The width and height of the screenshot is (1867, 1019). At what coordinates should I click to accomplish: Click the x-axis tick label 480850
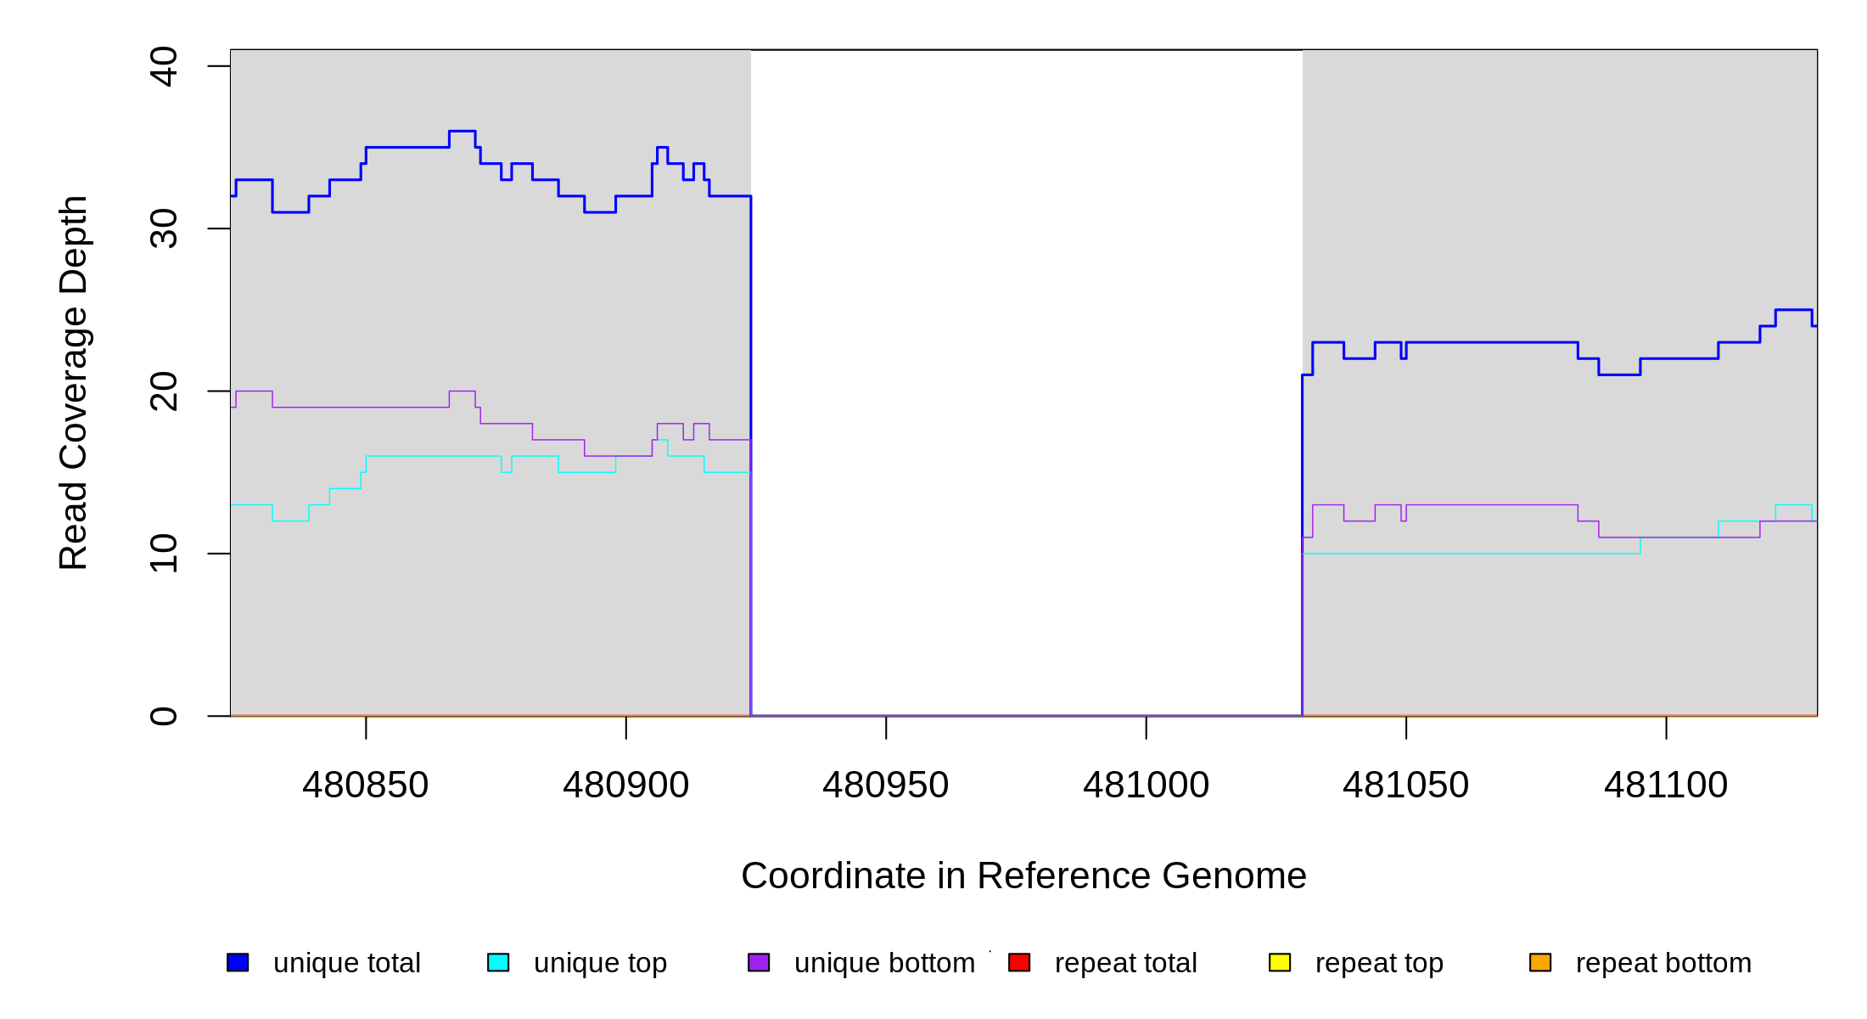pyautogui.click(x=366, y=785)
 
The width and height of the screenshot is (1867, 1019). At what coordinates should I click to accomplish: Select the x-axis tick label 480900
pyautogui.click(x=625, y=785)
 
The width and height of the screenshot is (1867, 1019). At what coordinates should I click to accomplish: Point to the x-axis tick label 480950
pyautogui.click(x=885, y=785)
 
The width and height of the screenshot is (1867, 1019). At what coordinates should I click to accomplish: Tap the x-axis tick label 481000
pyautogui.click(x=1146, y=785)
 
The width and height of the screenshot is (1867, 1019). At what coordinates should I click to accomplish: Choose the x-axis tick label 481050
pyautogui.click(x=1405, y=785)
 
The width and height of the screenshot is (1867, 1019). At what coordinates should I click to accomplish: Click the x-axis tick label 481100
pyautogui.click(x=1665, y=785)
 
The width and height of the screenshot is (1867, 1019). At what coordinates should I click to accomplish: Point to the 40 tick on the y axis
pyautogui.click(x=164, y=66)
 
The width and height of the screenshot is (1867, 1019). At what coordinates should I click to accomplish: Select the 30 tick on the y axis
pyautogui.click(x=164, y=228)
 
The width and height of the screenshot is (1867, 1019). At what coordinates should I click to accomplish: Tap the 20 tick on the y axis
pyautogui.click(x=164, y=391)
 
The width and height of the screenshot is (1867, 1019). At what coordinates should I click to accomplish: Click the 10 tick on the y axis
pyautogui.click(x=164, y=554)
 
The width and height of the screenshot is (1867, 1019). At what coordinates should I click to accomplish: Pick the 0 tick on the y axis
pyautogui.click(x=164, y=716)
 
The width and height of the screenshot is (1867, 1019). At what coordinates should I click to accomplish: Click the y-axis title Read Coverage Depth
pyautogui.click(x=73, y=382)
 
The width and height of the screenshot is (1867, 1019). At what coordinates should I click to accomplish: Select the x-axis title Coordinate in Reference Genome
pyautogui.click(x=1023, y=876)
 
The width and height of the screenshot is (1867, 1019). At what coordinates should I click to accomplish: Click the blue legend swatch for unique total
pyautogui.click(x=238, y=962)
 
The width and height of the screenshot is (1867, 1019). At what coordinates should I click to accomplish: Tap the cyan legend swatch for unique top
pyautogui.click(x=498, y=962)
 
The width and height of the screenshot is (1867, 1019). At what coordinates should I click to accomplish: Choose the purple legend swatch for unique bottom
pyautogui.click(x=759, y=962)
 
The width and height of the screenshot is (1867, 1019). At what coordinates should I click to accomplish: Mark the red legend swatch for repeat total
pyautogui.click(x=1019, y=962)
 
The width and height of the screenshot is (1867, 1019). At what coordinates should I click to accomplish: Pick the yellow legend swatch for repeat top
pyautogui.click(x=1280, y=962)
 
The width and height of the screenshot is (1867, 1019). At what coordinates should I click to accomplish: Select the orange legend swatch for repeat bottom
pyautogui.click(x=1540, y=962)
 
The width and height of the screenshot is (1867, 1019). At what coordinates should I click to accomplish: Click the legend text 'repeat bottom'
pyautogui.click(x=1663, y=963)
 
